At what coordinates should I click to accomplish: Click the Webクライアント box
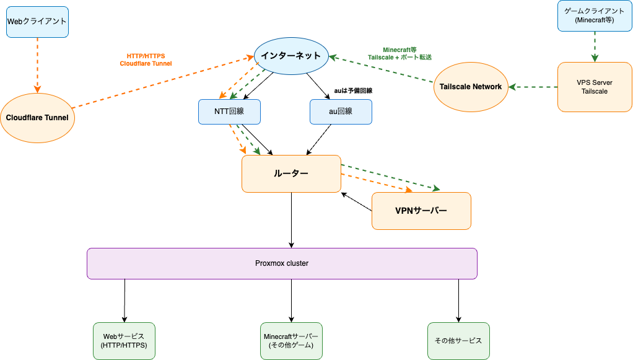coord(37,22)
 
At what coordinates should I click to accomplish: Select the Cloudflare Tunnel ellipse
coord(37,118)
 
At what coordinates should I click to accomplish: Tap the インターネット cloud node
coord(290,56)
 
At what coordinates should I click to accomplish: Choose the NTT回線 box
coord(229,112)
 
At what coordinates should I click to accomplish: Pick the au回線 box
coord(340,112)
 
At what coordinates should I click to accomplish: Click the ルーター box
coord(291,173)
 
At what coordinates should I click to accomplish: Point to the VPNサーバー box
coord(421,211)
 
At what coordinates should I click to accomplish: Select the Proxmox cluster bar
coord(282,263)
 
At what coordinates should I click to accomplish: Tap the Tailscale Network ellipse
coord(471,87)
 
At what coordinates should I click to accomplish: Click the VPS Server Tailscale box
coord(595,87)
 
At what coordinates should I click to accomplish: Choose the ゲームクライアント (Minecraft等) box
coord(595,15)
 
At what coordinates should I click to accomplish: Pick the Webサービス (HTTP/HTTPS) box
coord(124,341)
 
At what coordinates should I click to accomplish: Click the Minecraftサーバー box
coord(291,341)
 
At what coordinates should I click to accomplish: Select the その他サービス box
coord(458,341)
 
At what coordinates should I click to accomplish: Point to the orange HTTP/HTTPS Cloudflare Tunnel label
coord(146,59)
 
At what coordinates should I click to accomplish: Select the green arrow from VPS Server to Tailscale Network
coord(533,87)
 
